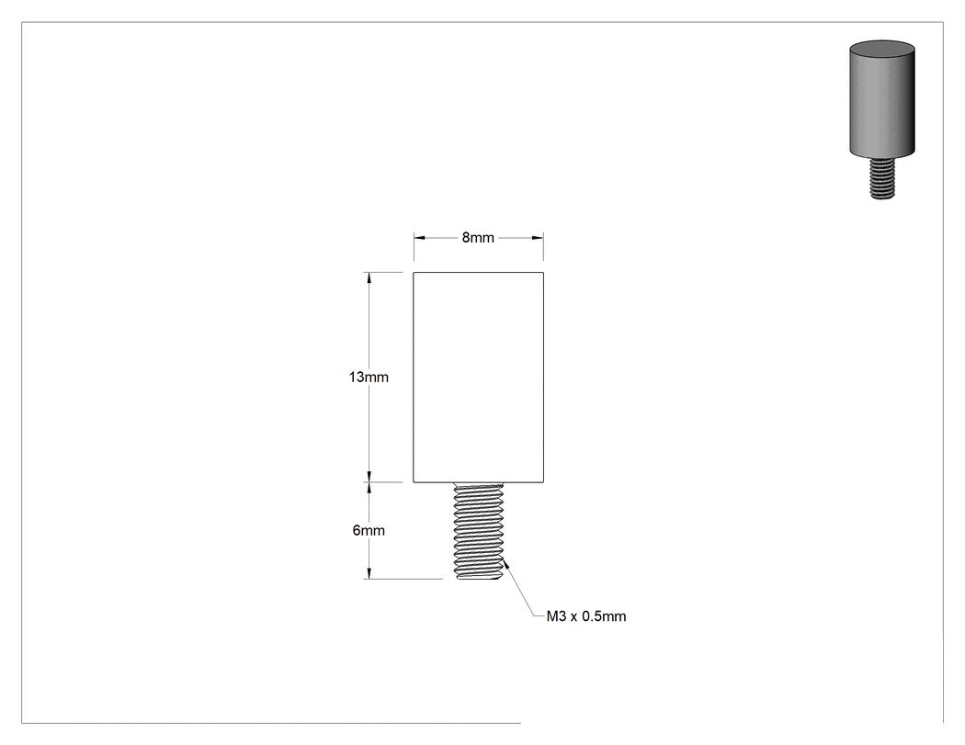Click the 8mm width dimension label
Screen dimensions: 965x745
pyautogui.click(x=478, y=238)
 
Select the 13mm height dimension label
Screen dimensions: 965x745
pyautogui.click(x=369, y=378)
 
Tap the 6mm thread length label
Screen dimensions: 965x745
pyautogui.click(x=369, y=530)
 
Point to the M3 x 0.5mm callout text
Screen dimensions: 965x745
pyautogui.click(x=586, y=616)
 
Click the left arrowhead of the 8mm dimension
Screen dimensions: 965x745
pyautogui.click(x=420, y=238)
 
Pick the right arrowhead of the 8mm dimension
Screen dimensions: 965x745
pyautogui.click(x=538, y=238)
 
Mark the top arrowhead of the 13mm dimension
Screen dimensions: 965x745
pyautogui.click(x=369, y=278)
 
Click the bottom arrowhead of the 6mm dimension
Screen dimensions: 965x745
pyautogui.click(x=369, y=572)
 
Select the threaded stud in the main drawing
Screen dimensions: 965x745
pyautogui.click(x=478, y=531)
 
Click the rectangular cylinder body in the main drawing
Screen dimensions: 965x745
pyautogui.click(x=478, y=378)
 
